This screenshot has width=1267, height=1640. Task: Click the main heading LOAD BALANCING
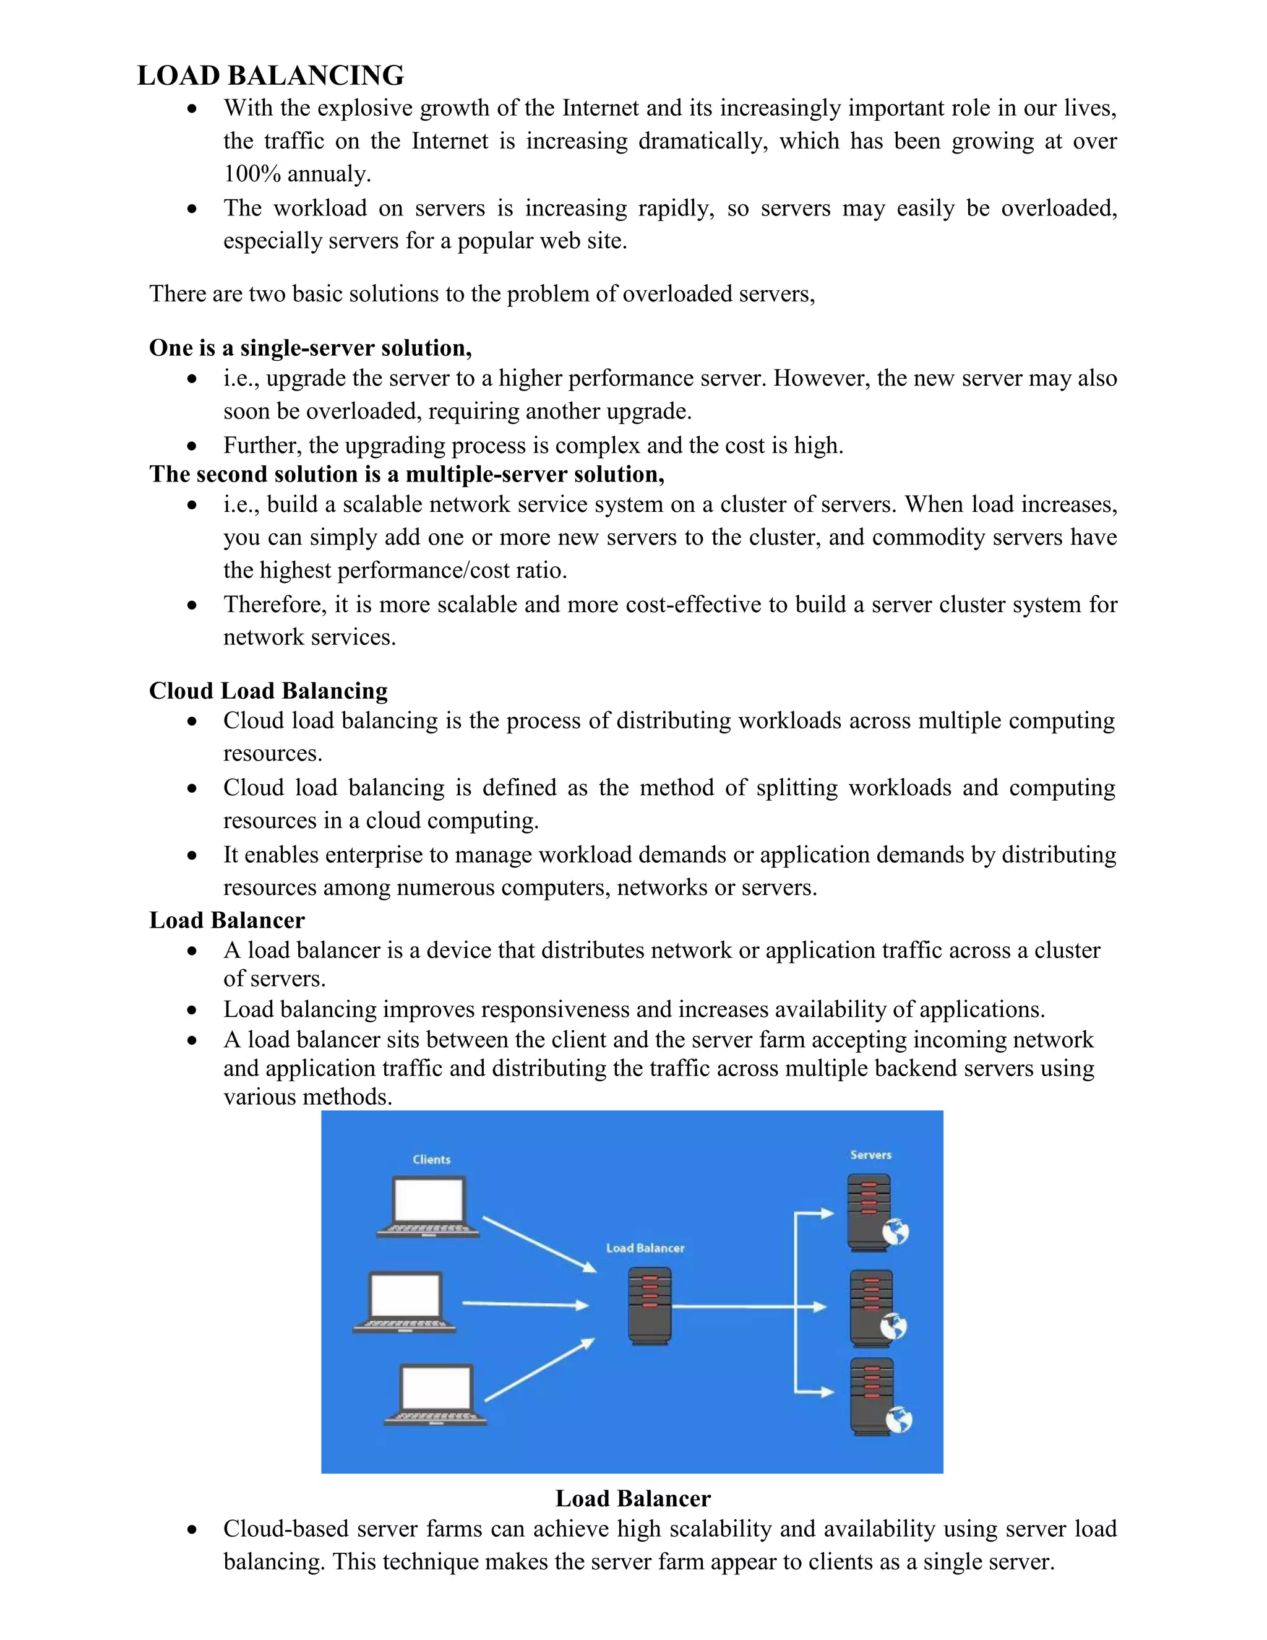[270, 76]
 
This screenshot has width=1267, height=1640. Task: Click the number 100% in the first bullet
[251, 175]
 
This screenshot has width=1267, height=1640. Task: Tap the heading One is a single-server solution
[310, 348]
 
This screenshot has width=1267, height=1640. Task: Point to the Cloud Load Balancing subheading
[268, 690]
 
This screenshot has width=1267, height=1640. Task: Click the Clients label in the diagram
[432, 1159]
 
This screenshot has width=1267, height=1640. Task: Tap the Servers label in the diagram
[870, 1155]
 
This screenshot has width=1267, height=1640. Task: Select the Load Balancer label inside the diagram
[645, 1248]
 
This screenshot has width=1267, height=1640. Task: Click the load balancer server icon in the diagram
[649, 1305]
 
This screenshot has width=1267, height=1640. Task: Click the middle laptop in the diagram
[405, 1302]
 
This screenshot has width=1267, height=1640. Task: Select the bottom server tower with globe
[873, 1397]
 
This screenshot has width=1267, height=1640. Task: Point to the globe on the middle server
[893, 1327]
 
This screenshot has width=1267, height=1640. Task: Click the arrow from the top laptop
[538, 1243]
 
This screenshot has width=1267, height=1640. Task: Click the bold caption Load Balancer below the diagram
[633, 1498]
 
